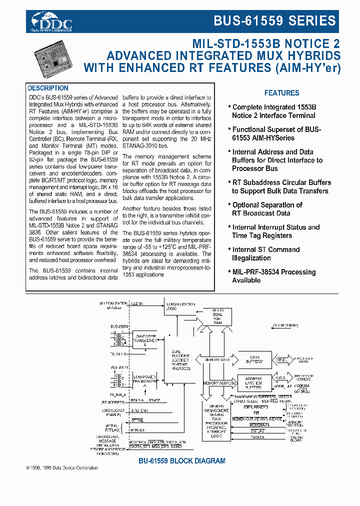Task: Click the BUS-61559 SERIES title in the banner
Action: point(274,21)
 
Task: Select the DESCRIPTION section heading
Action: point(48,88)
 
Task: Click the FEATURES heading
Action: point(281,93)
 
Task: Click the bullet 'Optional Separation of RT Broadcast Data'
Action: point(267,209)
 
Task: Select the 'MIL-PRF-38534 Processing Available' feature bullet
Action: point(273,276)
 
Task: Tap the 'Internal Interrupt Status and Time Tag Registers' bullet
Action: point(275,231)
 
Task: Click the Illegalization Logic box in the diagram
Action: point(178,306)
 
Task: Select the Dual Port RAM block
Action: point(217,320)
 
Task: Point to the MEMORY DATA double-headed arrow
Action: point(217,359)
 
